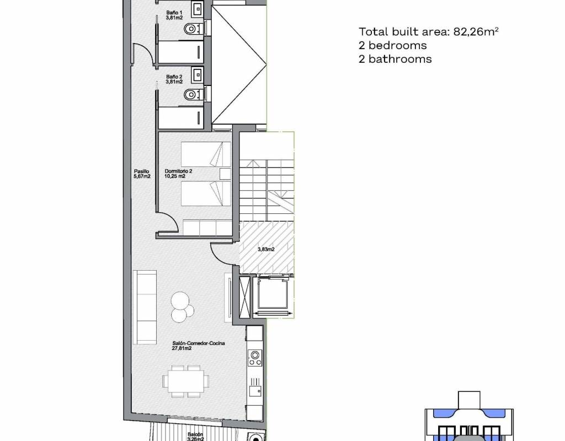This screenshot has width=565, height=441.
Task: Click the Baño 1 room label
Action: tap(174, 15)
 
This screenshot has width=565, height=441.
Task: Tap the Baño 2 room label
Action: tap(174, 79)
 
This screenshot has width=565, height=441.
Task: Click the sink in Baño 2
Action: tap(198, 74)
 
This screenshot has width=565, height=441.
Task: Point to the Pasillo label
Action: tap(142, 174)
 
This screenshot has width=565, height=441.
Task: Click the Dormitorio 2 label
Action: tap(178, 174)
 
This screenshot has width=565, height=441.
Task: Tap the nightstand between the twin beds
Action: tap(225, 174)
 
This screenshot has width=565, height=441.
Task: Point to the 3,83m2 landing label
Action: tap(266, 249)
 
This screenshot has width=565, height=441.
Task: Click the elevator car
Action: tap(272, 294)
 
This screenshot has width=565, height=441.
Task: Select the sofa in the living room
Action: tap(145, 307)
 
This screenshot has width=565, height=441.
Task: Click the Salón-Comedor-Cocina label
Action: tap(198, 346)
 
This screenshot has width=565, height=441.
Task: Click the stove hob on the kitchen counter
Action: tap(255, 358)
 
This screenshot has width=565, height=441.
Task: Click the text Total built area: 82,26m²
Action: tap(428, 31)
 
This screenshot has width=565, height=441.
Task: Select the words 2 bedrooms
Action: tap(392, 45)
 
